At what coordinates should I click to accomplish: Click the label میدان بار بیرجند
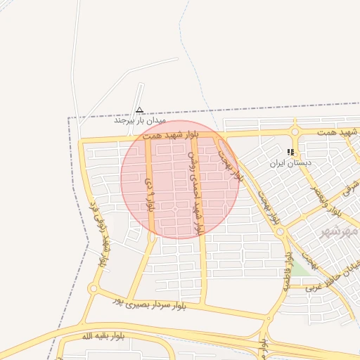pos(140,120)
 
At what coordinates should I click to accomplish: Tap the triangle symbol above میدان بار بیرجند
pos(139,110)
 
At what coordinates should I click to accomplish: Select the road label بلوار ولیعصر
pos(335,200)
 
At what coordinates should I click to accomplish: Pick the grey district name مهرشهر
pos(340,231)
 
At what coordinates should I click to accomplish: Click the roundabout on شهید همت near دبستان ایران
pos(295,131)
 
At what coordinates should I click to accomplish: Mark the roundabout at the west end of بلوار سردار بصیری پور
pos(92,289)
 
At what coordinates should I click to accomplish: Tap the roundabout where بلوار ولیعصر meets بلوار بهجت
pos(280,231)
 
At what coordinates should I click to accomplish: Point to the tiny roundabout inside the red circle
pos(175,209)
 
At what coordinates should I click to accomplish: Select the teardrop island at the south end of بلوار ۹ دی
pos(153,238)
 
